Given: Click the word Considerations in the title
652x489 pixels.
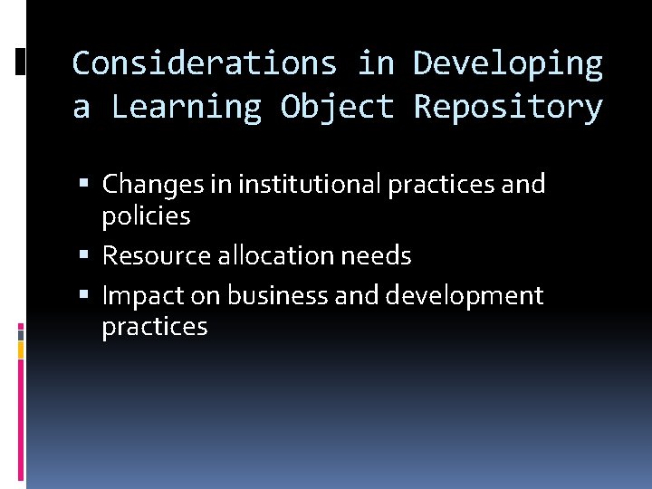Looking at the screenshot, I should [x=205, y=63].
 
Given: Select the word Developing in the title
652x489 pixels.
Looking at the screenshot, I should [x=508, y=63].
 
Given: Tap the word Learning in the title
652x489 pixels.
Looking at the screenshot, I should [x=186, y=107].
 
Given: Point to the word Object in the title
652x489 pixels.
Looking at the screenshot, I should [x=338, y=107].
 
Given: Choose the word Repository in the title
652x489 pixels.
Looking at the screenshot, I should [x=508, y=107].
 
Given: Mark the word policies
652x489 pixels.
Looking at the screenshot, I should [x=146, y=216].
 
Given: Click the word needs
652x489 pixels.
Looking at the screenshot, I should [x=376, y=256].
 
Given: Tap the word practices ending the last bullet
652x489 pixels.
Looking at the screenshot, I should [x=155, y=327].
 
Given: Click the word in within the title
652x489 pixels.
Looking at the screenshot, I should [x=376, y=63].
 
